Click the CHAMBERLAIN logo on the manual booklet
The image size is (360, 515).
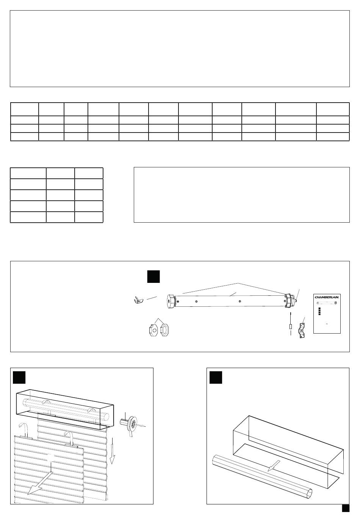pyautogui.click(x=327, y=297)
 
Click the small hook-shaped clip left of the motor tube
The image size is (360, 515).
pyautogui.click(x=138, y=300)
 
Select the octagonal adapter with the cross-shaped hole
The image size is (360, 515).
pyautogui.click(x=153, y=330)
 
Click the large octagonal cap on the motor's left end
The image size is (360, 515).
pyautogui.click(x=171, y=301)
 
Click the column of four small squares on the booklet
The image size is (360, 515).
pyautogui.click(x=319, y=311)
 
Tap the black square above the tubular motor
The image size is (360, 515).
pyautogui.click(x=153, y=276)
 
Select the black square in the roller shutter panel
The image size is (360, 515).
pyautogui.click(x=19, y=377)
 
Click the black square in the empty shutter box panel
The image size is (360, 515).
pyautogui.click(x=216, y=377)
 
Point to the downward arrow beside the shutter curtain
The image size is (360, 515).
pyautogui.click(x=113, y=451)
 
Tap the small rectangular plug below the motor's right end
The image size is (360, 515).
pyautogui.click(x=291, y=326)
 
